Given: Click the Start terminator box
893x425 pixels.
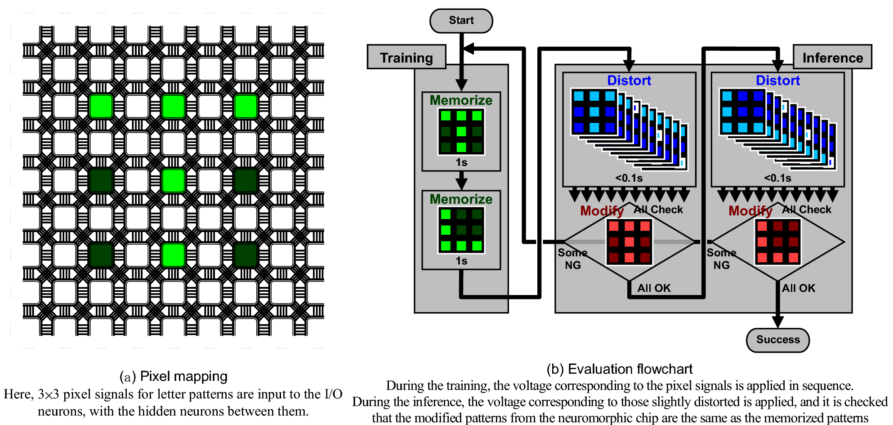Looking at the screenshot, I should tap(461, 21).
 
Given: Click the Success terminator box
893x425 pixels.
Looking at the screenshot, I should tap(777, 340).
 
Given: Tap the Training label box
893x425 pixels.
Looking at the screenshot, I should tap(406, 58).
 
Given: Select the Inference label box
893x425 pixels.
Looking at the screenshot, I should tap(832, 58).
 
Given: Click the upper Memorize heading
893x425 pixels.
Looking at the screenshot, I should tap(461, 100).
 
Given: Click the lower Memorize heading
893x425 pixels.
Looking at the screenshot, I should tap(461, 199).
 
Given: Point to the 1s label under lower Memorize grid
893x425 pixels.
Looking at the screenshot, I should tap(461, 261).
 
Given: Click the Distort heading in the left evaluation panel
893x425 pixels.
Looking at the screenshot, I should tap(629, 81).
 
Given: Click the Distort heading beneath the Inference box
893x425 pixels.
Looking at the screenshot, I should tap(777, 81).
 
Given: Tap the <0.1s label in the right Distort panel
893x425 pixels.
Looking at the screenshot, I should tap(777, 178).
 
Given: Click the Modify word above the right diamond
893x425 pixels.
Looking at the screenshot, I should tap(750, 210).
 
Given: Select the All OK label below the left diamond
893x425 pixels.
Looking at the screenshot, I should tap(654, 288).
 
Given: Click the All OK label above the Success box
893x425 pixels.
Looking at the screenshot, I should tap(798, 288).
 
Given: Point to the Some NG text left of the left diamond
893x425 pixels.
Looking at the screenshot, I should tap(572, 259).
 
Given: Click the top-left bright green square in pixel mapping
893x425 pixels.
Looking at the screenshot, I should tap(101, 107).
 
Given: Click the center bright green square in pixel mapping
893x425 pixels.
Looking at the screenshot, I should tap(173, 180).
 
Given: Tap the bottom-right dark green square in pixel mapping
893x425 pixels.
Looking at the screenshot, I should tap(246, 255).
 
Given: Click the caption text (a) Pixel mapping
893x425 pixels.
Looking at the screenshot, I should tap(174, 376).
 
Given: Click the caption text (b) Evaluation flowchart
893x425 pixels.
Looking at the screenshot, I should tap(619, 369).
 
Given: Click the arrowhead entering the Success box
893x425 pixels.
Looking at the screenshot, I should tap(777, 322).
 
